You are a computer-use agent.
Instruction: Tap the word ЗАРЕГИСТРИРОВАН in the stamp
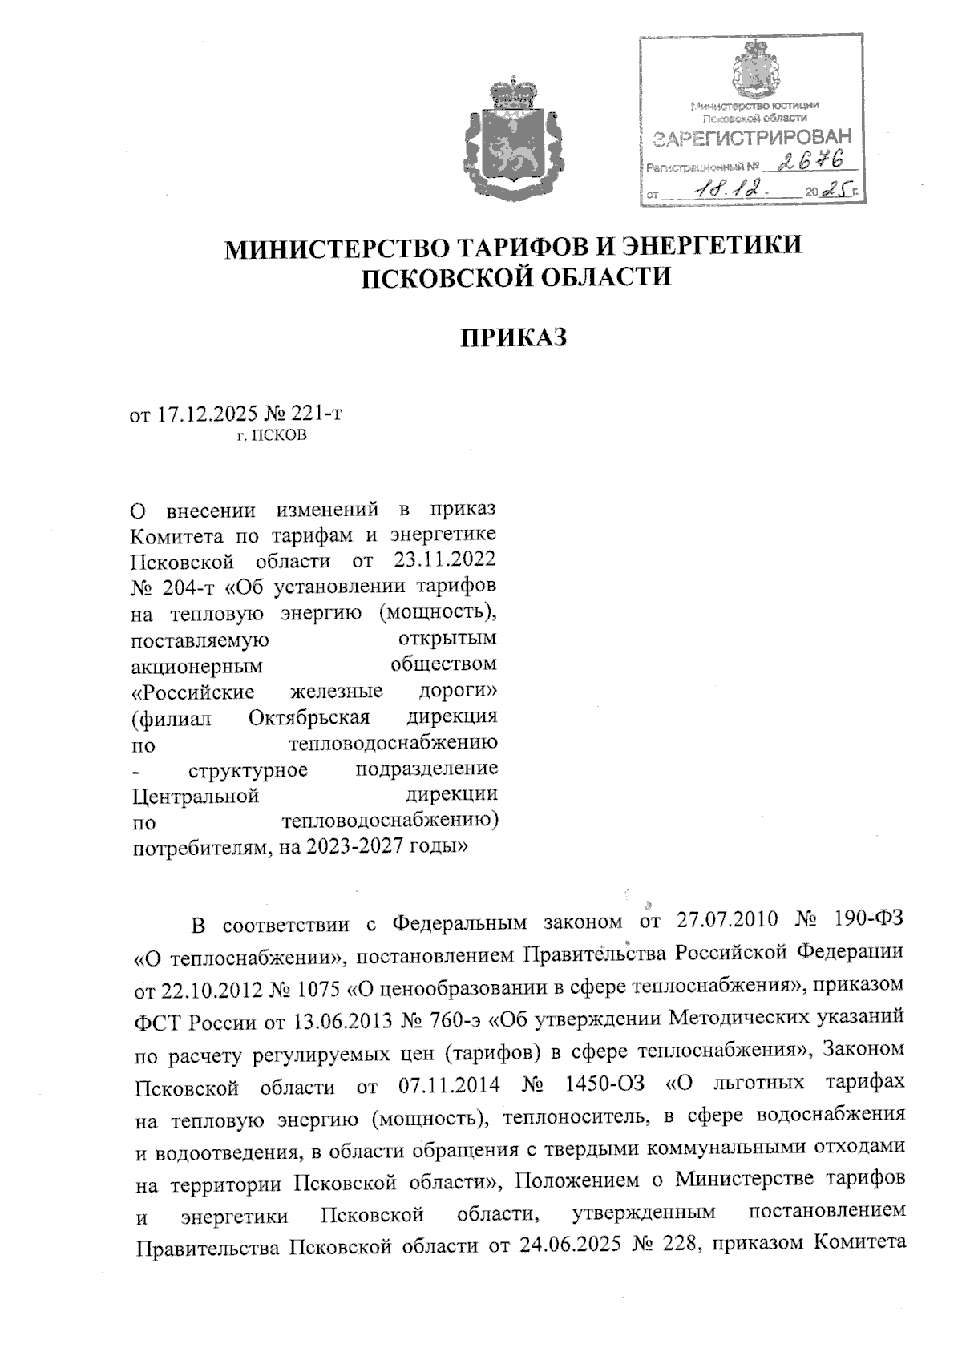(x=751, y=139)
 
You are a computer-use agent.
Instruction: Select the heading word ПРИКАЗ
(x=513, y=337)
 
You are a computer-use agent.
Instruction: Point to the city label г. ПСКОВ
(x=272, y=436)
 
